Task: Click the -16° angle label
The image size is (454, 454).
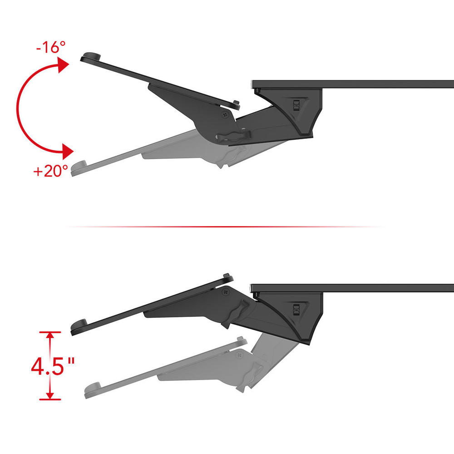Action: pyautogui.click(x=51, y=47)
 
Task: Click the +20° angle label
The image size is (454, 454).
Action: pyautogui.click(x=51, y=171)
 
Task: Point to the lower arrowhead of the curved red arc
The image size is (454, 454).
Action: pyautogui.click(x=68, y=151)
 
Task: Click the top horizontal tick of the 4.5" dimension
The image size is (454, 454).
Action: pyautogui.click(x=50, y=332)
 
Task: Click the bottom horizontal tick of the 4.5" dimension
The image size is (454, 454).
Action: pyautogui.click(x=50, y=399)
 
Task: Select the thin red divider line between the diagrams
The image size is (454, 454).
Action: pyautogui.click(x=226, y=227)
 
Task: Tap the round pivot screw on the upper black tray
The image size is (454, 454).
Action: pyautogui.click(x=225, y=114)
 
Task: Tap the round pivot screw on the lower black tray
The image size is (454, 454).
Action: pyautogui.click(x=226, y=292)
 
